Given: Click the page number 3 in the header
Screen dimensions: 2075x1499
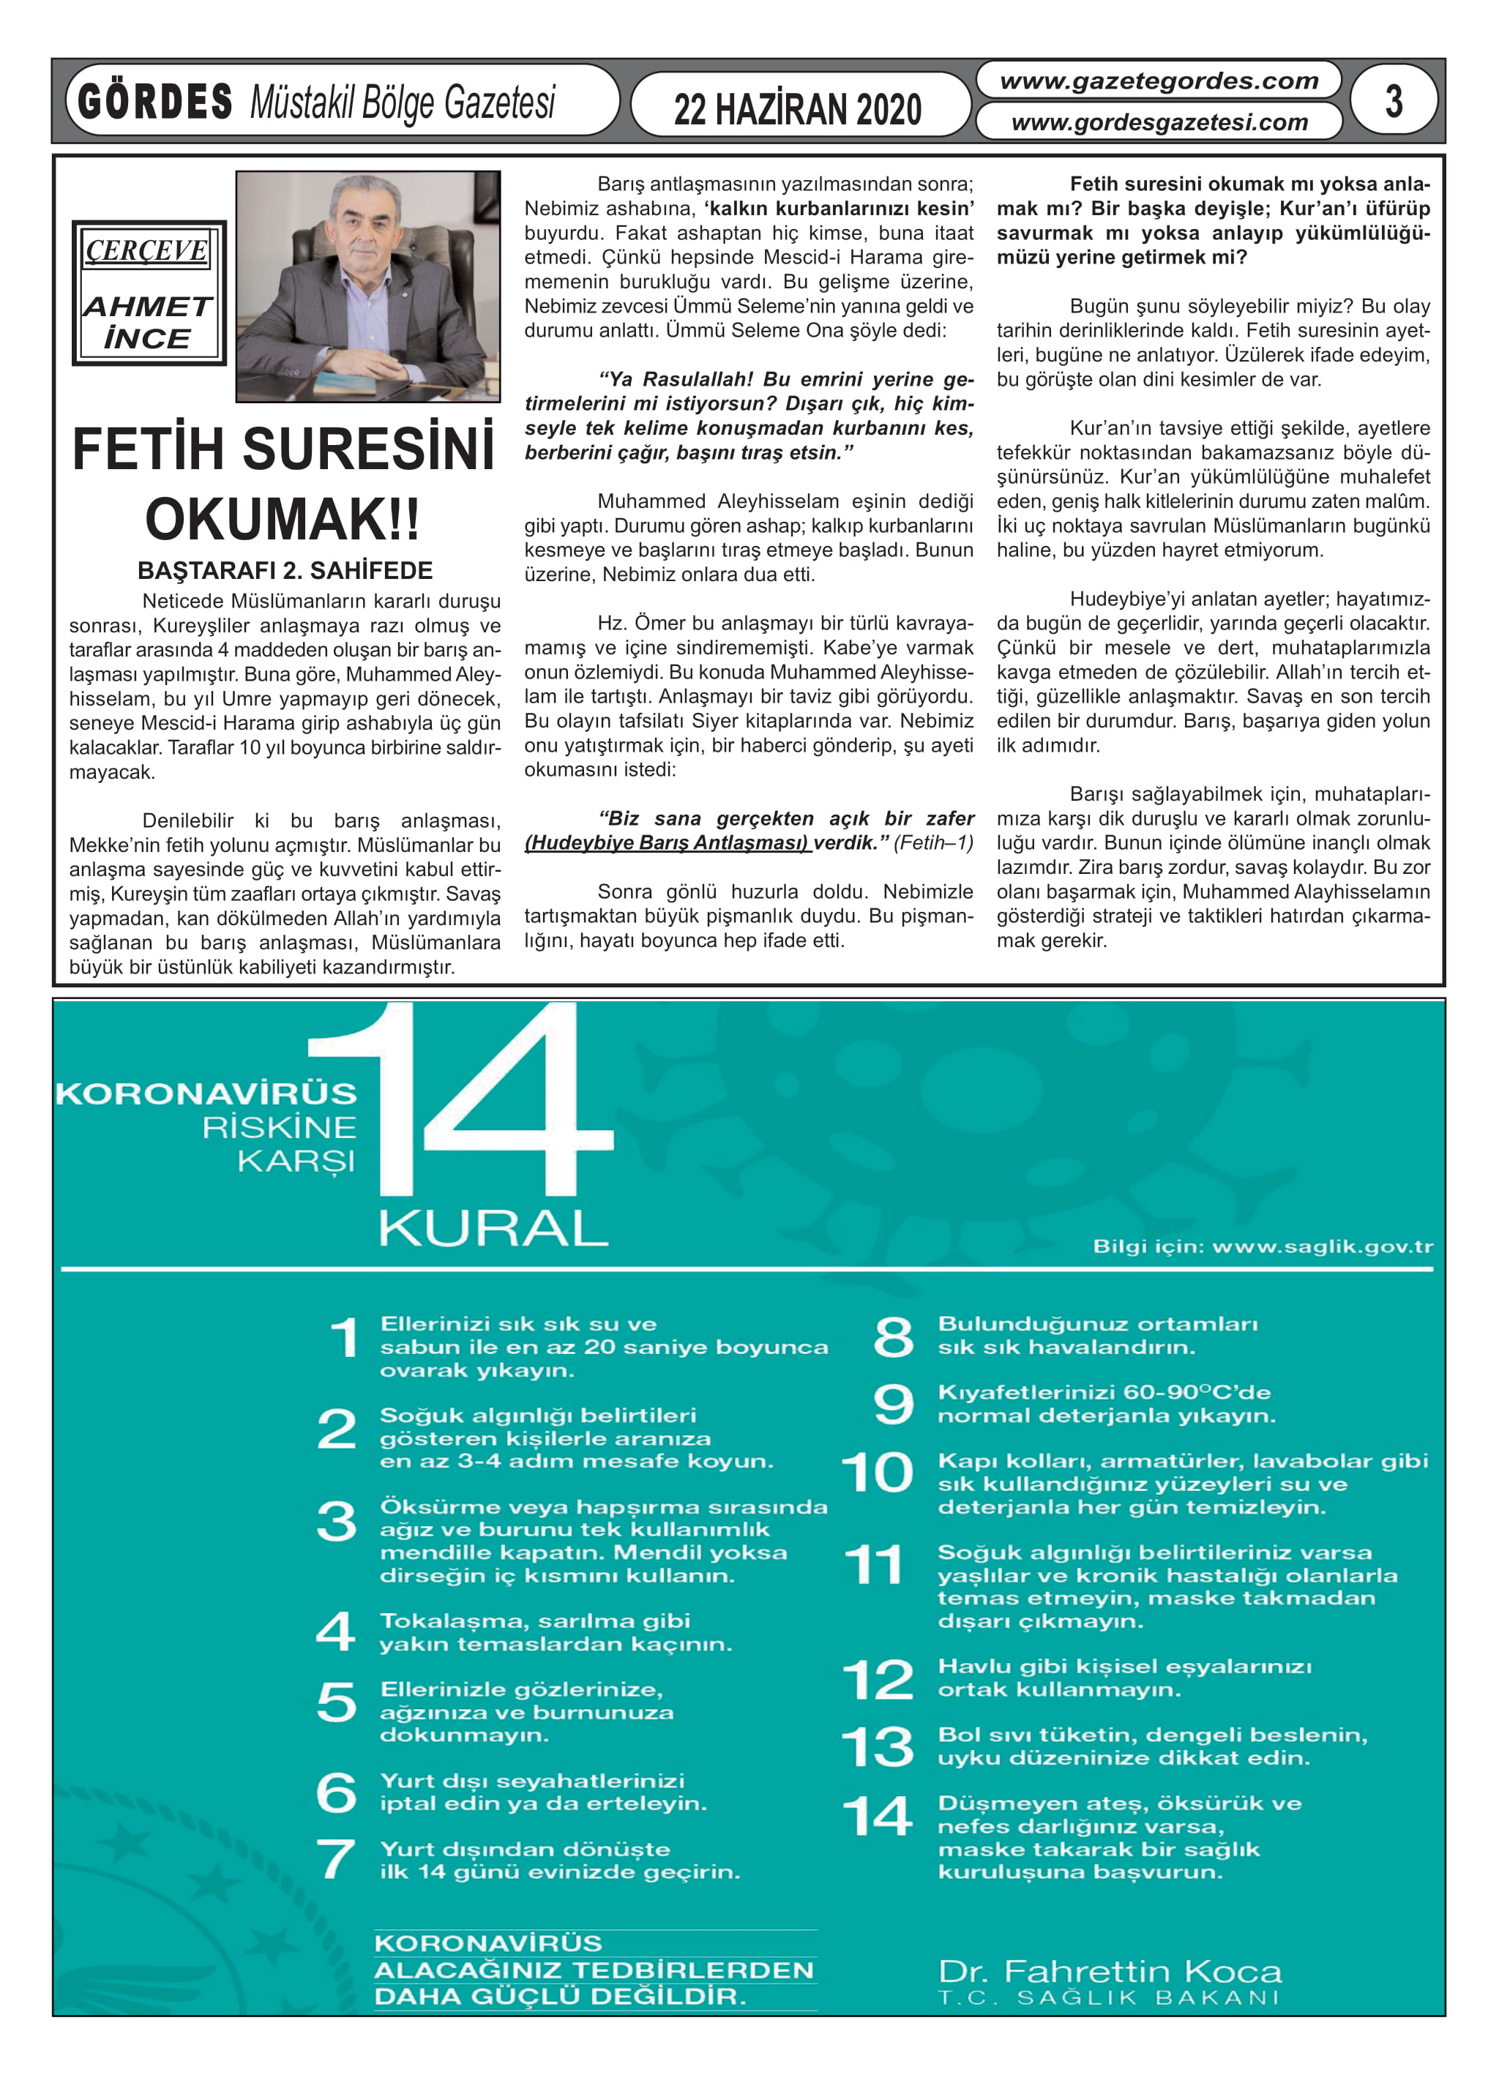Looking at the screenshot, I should (x=1393, y=101).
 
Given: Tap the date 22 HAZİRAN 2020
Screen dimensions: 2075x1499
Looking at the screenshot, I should (x=797, y=110).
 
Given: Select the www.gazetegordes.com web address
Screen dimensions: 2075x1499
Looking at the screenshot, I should (x=1159, y=81).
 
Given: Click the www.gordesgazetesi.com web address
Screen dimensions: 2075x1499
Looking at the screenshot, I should (x=1159, y=121).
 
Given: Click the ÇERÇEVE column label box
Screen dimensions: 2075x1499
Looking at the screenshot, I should (x=147, y=250).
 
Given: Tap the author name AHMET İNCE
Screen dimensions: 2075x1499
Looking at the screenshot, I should (x=147, y=322).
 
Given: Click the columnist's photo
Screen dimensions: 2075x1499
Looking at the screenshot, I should (x=368, y=285).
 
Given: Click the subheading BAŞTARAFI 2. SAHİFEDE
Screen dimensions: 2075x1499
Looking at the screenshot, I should (x=285, y=571).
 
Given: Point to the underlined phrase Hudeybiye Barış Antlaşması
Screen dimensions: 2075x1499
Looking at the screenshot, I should (x=667, y=842).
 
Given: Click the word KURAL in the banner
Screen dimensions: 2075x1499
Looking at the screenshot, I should (x=493, y=1228).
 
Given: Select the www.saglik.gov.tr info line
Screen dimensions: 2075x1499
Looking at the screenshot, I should (x=1262, y=1246).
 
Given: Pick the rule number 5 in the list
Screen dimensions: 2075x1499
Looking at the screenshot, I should (x=336, y=1702).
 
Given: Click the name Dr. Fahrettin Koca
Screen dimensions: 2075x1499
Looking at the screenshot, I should (x=1109, y=1970).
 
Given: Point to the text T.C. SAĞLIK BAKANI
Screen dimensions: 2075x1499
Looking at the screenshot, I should (x=1108, y=1998).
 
